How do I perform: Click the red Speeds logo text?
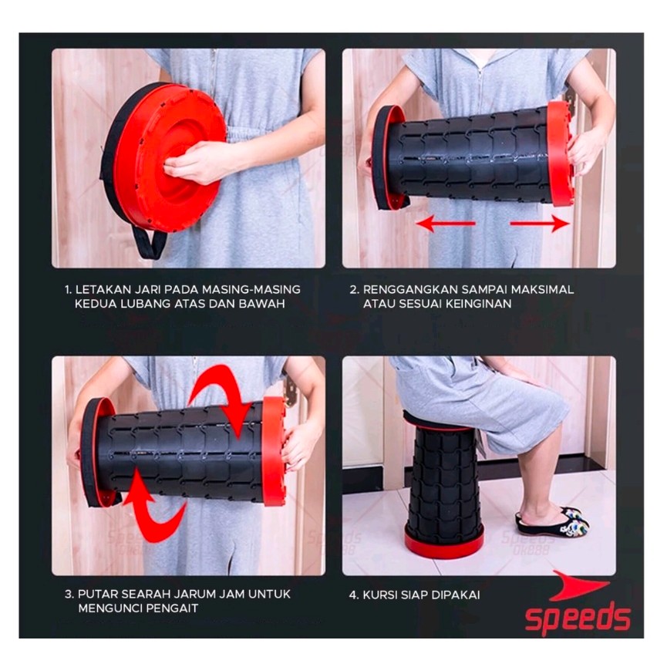pos(578,617)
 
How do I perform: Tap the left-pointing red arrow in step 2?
pos(446,224)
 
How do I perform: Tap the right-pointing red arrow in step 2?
pos(540,224)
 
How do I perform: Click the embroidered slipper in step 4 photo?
pos(553,521)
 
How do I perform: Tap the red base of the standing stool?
pos(444,544)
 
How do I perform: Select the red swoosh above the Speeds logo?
pos(578,585)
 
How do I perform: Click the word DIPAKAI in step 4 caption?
pos(456,595)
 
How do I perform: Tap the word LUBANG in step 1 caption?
pos(146,304)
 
